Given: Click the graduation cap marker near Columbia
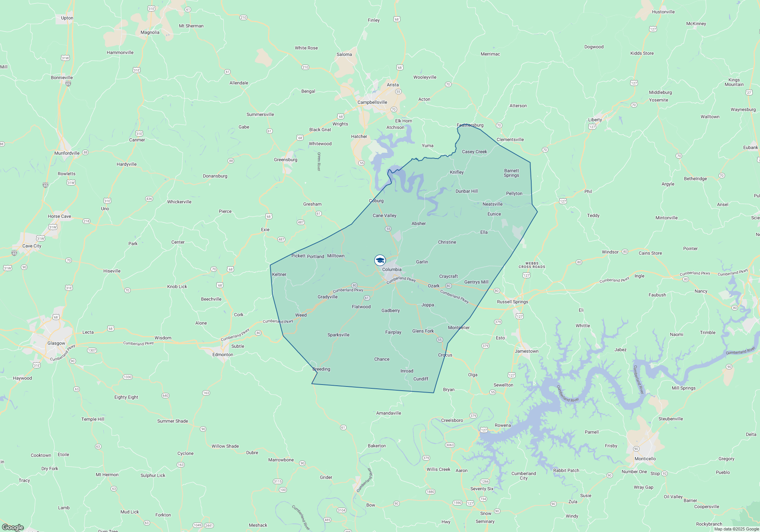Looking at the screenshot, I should point(380,260).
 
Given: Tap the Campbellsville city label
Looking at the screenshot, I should point(372,102).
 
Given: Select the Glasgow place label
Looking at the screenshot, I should point(56,343).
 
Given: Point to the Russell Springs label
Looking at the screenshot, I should point(512,302).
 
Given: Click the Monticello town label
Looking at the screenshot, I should point(645,459).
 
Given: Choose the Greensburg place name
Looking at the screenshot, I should point(285,160).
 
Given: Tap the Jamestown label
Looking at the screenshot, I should point(526,351).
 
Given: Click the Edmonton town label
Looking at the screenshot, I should point(223,355).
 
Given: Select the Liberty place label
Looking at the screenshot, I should point(595,120).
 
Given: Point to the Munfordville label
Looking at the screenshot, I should point(67,153).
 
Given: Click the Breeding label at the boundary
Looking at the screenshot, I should point(321,369).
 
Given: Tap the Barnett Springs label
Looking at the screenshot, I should point(511,173).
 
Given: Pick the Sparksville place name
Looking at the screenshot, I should point(338,335).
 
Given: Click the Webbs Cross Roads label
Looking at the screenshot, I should point(532,265).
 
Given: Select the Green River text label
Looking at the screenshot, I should point(319,161).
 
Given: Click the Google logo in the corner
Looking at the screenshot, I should point(13,527).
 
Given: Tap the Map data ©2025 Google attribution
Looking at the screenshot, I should point(736,529).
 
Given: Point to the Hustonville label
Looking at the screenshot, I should point(663,12).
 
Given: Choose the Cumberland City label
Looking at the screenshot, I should point(524,476).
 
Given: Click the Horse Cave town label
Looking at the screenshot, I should point(59,216).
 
